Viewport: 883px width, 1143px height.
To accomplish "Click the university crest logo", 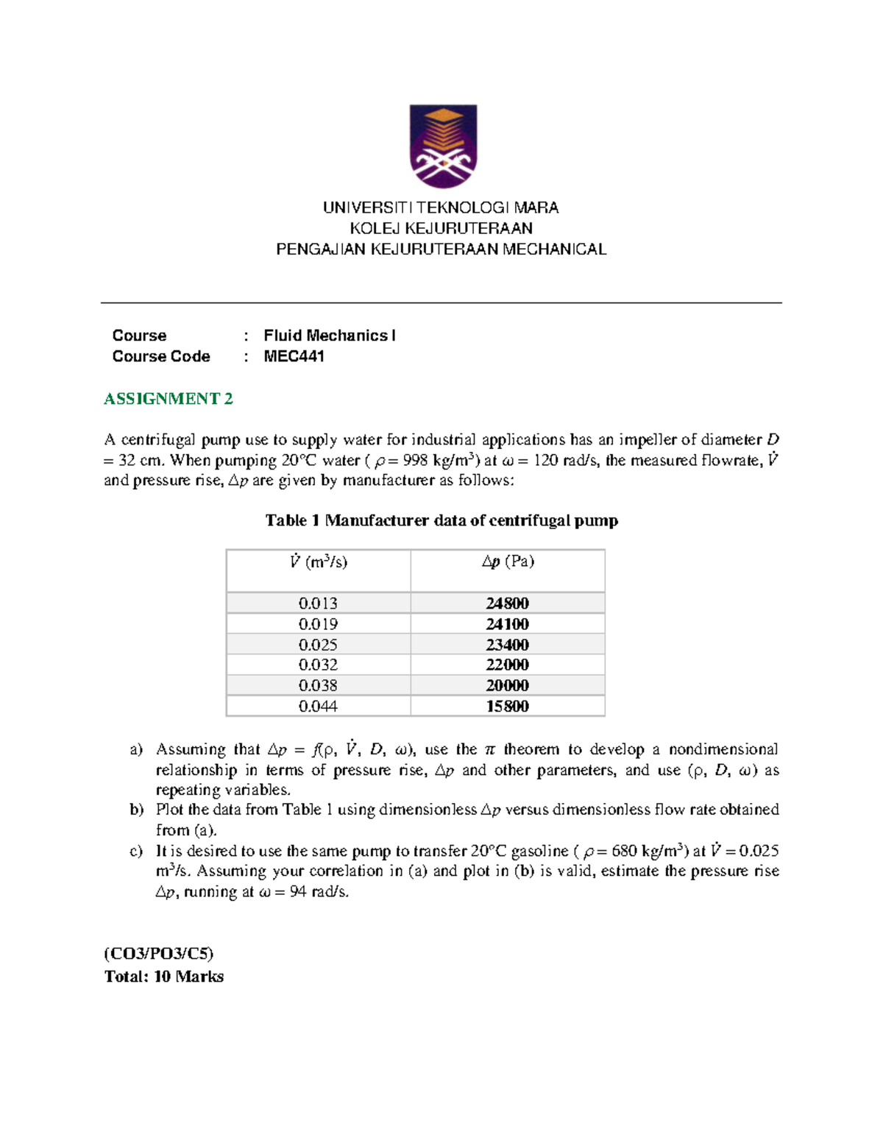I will (443, 146).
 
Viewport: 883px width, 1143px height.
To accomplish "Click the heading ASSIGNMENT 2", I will (169, 399).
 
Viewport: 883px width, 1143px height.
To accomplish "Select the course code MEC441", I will (294, 356).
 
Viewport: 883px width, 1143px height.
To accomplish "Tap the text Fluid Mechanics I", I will (329, 336).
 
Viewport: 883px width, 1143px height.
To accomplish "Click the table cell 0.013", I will (318, 604).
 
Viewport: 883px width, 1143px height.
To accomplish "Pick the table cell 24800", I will (507, 604).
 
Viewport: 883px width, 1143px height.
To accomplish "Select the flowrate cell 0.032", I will (318, 665).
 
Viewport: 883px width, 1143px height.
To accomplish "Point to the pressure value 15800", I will (507, 707).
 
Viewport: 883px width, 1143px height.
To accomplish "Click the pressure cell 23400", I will (507, 645).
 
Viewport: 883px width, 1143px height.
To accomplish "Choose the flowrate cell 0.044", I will (318, 707).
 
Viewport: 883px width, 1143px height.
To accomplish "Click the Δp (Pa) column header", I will (508, 562).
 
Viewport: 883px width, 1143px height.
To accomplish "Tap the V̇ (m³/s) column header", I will (318, 562).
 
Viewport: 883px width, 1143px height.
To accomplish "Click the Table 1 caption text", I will (441, 521).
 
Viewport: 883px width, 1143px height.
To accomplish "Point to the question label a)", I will (136, 750).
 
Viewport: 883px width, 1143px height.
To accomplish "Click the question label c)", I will (136, 852).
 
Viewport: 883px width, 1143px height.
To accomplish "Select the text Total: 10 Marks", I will (164, 977).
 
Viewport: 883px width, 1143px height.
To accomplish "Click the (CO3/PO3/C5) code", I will (159, 954).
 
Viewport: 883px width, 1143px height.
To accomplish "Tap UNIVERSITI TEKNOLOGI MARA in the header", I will (441, 208).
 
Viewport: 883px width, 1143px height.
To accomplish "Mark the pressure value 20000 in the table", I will (507, 686).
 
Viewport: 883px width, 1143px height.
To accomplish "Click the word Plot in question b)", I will (170, 810).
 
